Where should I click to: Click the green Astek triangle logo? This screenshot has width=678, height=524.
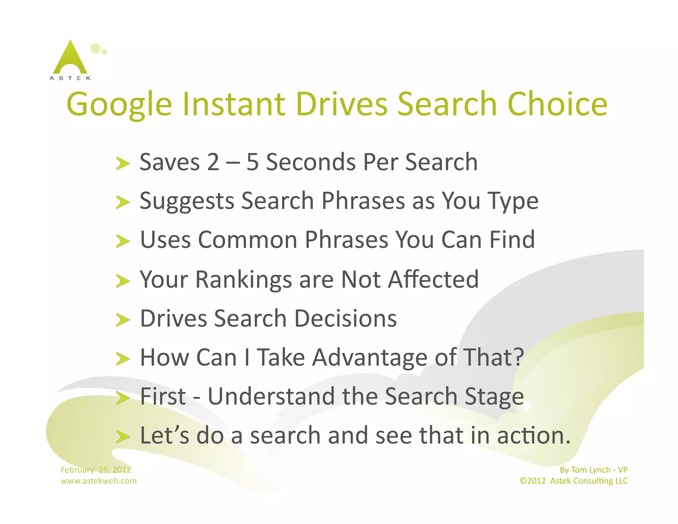click(x=70, y=58)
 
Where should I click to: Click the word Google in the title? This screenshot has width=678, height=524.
click(x=119, y=105)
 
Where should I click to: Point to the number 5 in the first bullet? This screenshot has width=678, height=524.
click(x=252, y=162)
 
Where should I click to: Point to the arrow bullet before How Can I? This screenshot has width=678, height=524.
click(x=123, y=359)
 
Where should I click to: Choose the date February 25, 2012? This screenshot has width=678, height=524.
click(x=96, y=470)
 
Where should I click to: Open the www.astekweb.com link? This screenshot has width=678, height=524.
click(x=98, y=481)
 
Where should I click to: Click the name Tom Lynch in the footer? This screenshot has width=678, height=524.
click(x=591, y=470)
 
